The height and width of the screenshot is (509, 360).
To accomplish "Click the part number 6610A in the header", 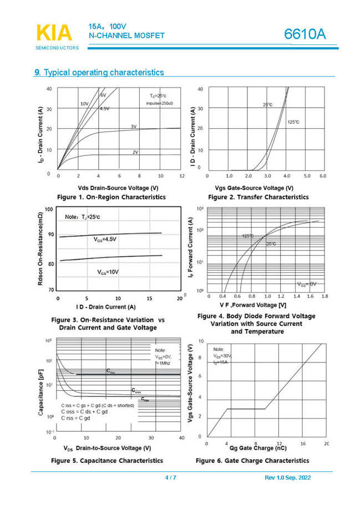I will [305, 34].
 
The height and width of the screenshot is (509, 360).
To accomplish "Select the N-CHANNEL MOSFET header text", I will [126, 36].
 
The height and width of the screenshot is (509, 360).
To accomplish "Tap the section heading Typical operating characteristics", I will [103, 73].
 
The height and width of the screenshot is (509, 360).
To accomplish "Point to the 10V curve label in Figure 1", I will [84, 104].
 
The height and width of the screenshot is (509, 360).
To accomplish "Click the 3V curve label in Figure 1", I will [134, 127].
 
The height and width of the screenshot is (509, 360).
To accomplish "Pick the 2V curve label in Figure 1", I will [135, 152].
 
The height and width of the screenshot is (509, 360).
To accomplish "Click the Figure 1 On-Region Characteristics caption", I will [111, 197].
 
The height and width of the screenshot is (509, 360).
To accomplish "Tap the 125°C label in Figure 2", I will [293, 122].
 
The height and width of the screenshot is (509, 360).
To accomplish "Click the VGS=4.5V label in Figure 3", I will [105, 239].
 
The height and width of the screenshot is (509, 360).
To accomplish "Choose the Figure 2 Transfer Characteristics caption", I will [258, 197].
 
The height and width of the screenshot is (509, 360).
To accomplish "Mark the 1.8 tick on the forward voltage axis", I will [325, 296].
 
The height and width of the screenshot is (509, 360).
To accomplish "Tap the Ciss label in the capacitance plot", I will [111, 371].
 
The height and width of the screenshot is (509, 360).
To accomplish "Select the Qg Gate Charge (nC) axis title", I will [258, 447].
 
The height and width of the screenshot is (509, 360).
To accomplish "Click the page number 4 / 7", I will [170, 478].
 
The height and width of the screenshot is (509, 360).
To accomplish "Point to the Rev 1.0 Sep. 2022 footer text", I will [289, 478].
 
